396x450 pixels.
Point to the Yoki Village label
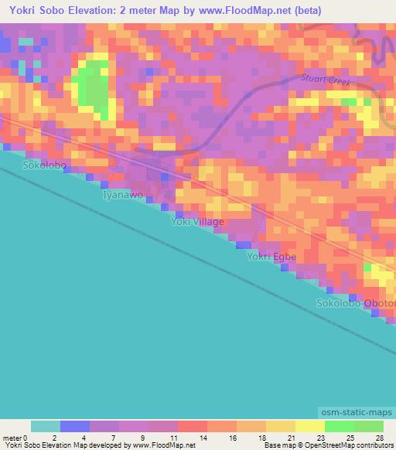click(x=197, y=222)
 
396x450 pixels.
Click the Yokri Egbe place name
click(x=271, y=257)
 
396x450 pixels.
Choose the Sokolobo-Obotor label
click(x=355, y=302)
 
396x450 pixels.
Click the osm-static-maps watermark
click(x=356, y=414)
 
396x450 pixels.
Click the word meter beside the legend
click(x=11, y=438)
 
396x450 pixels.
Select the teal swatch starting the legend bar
click(x=46, y=426)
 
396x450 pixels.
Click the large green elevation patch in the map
click(x=92, y=88)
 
